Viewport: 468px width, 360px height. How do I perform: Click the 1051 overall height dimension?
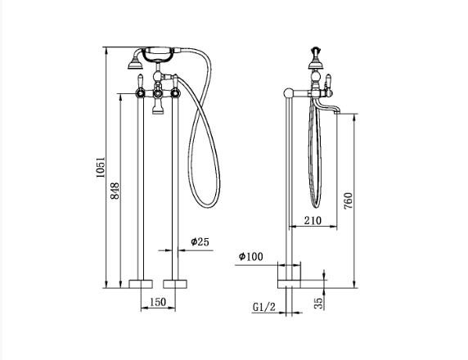coord(101,167)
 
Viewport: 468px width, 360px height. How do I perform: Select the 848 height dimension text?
coord(115,191)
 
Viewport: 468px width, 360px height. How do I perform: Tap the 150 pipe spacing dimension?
coord(158,302)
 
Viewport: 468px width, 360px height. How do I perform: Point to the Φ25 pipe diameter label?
coord(200,241)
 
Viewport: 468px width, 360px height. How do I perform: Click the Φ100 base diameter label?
coord(250,256)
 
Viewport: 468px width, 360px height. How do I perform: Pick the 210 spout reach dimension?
coord(313,221)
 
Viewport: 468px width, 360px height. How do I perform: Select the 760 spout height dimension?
coord(349,200)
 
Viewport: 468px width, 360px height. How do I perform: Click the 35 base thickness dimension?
coord(319,303)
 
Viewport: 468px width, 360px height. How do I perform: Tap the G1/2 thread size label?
coord(264,307)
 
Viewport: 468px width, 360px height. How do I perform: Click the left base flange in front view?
coord(141,284)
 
